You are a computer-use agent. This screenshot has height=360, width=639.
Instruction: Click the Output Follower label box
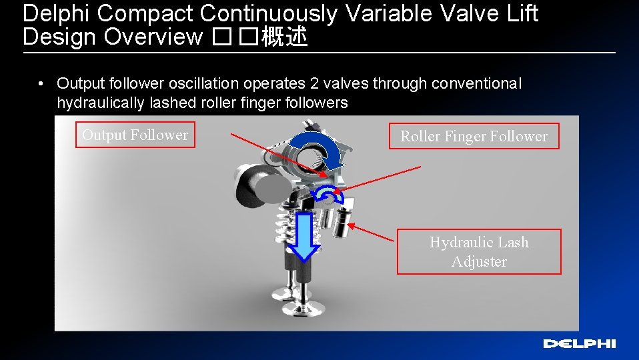tap(135, 135)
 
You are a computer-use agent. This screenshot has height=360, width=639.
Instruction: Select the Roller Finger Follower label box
tap(474, 136)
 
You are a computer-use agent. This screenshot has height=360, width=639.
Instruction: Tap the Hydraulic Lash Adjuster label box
tap(479, 251)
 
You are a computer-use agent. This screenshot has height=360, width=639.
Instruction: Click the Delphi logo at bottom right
tap(579, 343)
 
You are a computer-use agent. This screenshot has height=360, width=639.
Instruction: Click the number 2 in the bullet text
tap(314, 83)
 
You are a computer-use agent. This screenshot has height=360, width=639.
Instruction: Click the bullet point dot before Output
tap(41, 84)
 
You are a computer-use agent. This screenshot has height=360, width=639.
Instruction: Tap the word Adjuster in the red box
tap(479, 261)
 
